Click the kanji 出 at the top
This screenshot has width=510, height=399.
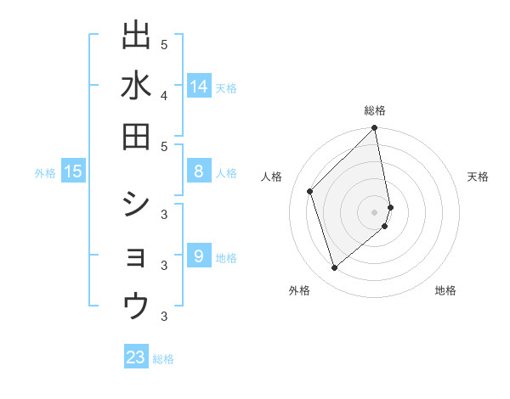[136, 37]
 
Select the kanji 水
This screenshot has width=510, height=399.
[136, 87]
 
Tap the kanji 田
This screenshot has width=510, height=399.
[136, 137]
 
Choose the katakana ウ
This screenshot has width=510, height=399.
[136, 305]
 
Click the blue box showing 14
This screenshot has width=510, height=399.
[199, 87]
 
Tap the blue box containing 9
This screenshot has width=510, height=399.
[199, 257]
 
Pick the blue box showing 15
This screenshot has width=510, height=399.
[73, 172]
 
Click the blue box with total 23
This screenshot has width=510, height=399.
[136, 357]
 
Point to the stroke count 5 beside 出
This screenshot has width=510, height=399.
[164, 44]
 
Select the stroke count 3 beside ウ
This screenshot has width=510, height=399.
[164, 318]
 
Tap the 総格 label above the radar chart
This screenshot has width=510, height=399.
[375, 110]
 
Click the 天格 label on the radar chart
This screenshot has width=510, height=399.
[478, 177]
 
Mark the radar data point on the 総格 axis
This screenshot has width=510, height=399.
[375, 129]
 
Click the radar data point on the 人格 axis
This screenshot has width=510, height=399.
[310, 191]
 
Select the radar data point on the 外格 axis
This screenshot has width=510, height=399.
[335, 268]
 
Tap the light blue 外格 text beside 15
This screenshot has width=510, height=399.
[45, 173]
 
